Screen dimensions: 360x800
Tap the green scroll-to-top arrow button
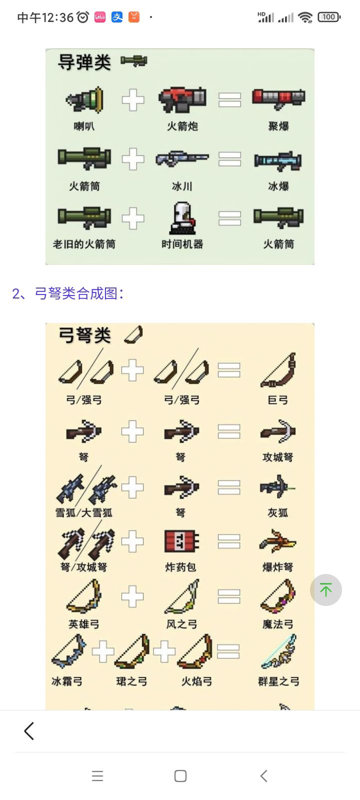[325, 589]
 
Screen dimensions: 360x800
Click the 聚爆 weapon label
[278, 126]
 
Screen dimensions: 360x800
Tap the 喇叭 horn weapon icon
[84, 99]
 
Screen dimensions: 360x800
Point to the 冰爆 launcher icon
[278, 160]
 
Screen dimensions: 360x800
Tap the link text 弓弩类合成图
[75, 293]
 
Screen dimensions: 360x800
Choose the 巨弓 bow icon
[278, 370]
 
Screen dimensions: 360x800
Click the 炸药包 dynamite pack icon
[181, 541]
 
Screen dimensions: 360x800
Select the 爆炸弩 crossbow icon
[278, 541]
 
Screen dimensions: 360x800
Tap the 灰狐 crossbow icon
[277, 486]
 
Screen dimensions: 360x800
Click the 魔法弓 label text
[278, 624]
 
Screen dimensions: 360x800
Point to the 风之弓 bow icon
[182, 596]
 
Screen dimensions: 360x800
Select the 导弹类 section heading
[84, 62]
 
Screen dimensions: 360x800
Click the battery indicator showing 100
[329, 17]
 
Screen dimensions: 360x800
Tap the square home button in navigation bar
[180, 775]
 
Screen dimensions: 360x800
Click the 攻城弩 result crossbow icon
[278, 431]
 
